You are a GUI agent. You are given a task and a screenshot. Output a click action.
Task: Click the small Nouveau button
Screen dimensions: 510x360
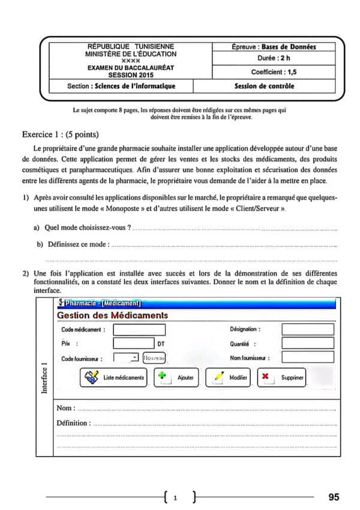point(154,358)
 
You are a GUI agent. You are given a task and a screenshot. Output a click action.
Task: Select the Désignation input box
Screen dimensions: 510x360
point(307,329)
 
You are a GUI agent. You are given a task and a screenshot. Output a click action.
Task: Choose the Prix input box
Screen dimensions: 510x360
point(134,343)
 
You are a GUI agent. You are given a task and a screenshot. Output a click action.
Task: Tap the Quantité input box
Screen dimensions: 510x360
point(307,343)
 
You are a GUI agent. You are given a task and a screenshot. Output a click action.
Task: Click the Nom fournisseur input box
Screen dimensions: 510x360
point(307,358)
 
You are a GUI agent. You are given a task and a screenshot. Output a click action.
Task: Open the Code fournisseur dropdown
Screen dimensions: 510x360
point(134,358)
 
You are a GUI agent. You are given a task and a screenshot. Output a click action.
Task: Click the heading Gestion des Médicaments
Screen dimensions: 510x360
point(112,316)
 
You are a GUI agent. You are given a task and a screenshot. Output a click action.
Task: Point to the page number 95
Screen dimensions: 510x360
point(334,497)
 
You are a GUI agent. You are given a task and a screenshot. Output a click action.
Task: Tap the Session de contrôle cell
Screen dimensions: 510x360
point(265,86)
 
